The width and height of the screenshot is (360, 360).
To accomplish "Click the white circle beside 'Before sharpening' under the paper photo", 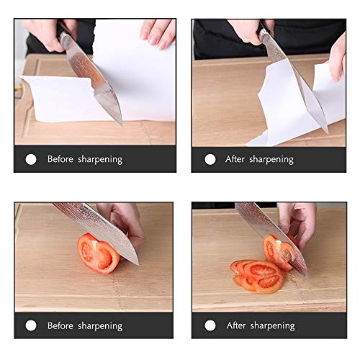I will [31, 159].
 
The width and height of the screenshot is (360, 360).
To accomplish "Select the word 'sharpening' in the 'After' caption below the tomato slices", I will [272, 325].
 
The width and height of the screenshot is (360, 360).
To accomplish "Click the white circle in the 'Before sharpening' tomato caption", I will [31, 325].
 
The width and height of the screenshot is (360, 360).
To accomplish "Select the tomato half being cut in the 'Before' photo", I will [97, 253].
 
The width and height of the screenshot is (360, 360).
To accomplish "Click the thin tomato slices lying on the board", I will [256, 275].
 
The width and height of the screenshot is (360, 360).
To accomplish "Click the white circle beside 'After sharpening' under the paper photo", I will [210, 159].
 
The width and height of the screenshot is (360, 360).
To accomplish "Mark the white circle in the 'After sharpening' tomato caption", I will [210, 325].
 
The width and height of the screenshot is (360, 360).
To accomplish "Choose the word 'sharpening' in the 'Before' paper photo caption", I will [99, 159].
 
